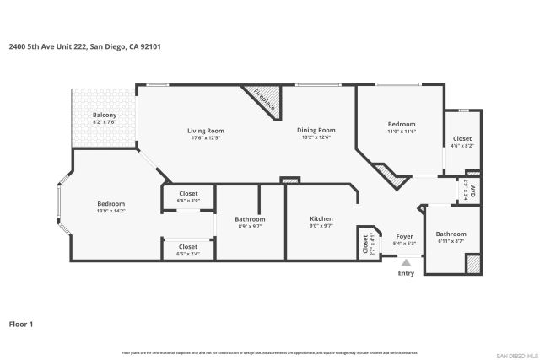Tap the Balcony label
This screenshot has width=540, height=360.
(x=105, y=118)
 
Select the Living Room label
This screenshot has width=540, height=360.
(x=205, y=133)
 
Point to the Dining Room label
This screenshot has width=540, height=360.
(x=316, y=133)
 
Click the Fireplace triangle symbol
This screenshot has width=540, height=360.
(x=263, y=99)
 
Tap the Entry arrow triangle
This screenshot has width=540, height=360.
(x=406, y=263)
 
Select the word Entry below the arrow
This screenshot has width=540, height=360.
(x=406, y=273)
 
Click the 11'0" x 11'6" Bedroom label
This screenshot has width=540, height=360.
(x=402, y=127)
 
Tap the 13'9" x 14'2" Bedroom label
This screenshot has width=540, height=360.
(x=111, y=207)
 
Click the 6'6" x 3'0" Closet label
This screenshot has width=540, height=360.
(x=188, y=197)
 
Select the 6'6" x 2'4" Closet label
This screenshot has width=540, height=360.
(x=188, y=250)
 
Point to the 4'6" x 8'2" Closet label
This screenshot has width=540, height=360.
(x=462, y=142)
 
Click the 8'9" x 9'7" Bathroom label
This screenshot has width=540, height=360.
(x=251, y=223)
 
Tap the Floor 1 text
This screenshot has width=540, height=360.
(x=21, y=323)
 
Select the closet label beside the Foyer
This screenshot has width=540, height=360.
(x=366, y=244)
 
